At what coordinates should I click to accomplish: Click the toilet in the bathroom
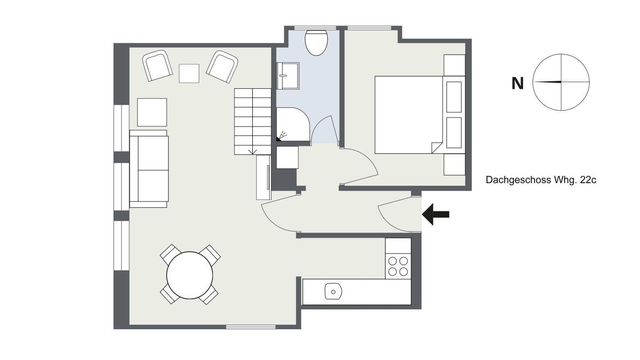point(316,43)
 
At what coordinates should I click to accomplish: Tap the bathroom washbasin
point(288,76)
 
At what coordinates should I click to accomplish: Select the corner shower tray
point(293,124)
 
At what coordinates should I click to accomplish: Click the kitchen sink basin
point(333,292)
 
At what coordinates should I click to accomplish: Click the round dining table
point(190,275)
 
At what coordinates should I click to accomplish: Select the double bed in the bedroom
point(408,115)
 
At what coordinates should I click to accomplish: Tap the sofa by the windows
point(149,169)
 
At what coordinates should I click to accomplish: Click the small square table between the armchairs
point(189,73)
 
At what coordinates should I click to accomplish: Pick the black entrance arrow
point(436,214)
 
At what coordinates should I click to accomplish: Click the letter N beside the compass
point(517,84)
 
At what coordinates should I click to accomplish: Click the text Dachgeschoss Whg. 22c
point(541,180)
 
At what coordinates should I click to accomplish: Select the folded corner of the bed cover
point(436,148)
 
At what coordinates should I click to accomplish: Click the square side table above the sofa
point(152,112)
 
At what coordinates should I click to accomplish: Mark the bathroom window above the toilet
point(315,28)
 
